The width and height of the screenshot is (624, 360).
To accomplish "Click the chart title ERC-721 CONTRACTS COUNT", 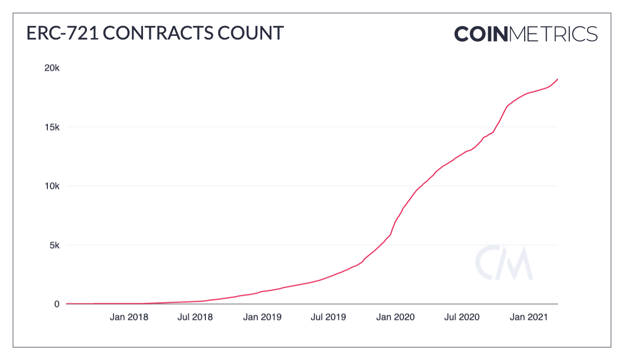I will (155, 33).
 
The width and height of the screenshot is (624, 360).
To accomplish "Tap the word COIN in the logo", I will (480, 34).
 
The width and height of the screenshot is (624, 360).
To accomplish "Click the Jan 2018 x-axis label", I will (129, 317).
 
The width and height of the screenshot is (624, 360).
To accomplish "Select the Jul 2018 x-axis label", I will (195, 317).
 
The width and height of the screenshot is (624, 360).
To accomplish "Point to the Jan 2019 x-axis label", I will (262, 317).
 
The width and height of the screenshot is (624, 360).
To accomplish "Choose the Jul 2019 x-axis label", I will (328, 317).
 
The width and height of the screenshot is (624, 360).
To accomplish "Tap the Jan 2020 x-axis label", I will (395, 317).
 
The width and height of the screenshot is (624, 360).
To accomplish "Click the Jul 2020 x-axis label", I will (461, 317).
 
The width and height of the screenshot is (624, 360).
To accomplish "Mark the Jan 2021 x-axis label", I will (528, 317).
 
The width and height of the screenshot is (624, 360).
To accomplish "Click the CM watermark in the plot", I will (503, 263).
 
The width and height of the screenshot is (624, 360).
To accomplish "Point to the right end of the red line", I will (557, 79).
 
